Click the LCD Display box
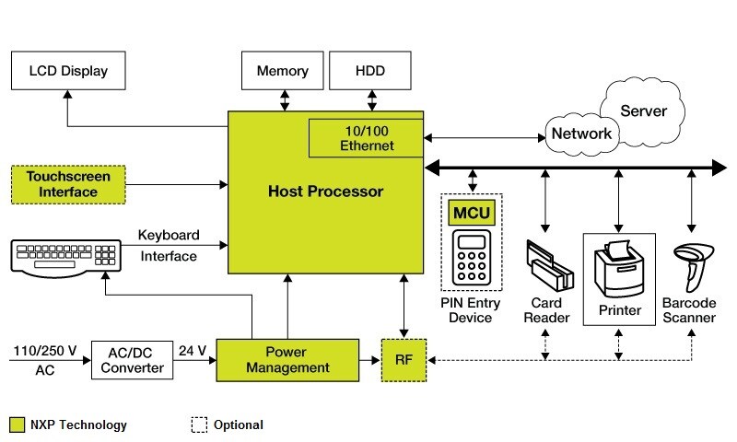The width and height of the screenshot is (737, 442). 68,71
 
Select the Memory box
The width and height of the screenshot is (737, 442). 282,71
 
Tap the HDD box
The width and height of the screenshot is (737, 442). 369,71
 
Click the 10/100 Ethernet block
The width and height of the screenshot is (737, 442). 367,138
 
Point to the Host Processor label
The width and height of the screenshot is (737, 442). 325,192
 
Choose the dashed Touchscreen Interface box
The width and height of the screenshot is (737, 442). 68,184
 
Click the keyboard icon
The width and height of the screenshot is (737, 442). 67,256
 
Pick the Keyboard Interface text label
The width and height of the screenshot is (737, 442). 168,245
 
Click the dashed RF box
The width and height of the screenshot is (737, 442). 404,359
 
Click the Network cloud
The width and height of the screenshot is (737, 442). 581,134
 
